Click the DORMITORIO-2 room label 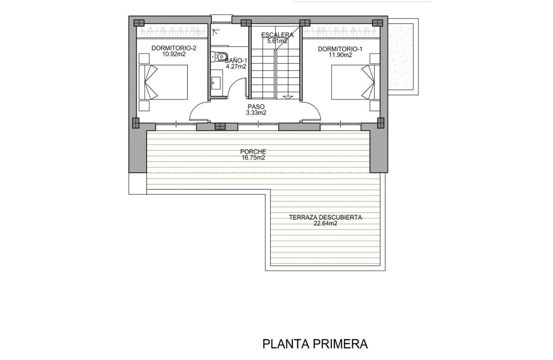click(x=174, y=48)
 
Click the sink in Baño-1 click(x=216, y=83)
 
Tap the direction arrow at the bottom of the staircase click(x=288, y=98)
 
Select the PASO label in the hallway click(x=256, y=107)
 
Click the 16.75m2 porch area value click(x=253, y=158)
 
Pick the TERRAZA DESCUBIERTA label click(x=325, y=217)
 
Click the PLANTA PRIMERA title click(x=315, y=344)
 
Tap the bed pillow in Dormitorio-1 click(x=368, y=82)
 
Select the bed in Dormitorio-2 click(x=163, y=82)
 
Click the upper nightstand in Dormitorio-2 click(x=144, y=58)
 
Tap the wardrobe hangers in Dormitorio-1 click(x=341, y=31)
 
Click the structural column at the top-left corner click(x=138, y=23)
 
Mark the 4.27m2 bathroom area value click(x=236, y=66)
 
